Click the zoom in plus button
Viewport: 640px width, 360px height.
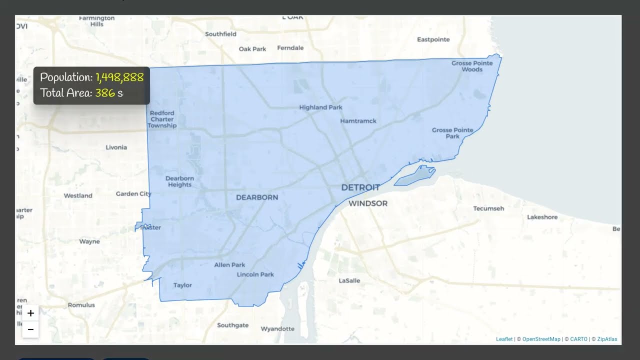(x=30, y=313)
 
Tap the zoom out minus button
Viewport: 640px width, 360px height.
(x=30, y=329)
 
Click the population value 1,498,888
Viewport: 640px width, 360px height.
(x=119, y=77)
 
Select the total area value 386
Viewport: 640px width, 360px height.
(x=105, y=93)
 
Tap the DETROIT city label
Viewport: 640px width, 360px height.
(x=360, y=187)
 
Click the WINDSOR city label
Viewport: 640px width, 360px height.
(x=368, y=203)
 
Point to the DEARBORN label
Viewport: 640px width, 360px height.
(x=257, y=197)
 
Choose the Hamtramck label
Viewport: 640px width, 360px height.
(x=358, y=121)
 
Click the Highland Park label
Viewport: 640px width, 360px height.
(x=320, y=107)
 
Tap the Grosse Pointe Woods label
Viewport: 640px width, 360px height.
(x=472, y=66)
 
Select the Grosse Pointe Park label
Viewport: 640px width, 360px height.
(x=452, y=133)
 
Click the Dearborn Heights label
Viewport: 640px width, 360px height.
(x=179, y=181)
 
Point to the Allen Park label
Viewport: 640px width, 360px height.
(x=229, y=265)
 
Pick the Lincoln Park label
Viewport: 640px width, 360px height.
(x=255, y=274)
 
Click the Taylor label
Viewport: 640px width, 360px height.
(x=182, y=285)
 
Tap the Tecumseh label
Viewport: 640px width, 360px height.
(x=488, y=208)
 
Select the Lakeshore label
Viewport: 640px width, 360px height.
(x=542, y=217)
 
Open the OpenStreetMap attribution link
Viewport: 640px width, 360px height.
(x=541, y=339)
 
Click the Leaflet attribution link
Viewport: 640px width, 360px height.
(x=504, y=339)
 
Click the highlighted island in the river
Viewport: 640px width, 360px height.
(x=415, y=175)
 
